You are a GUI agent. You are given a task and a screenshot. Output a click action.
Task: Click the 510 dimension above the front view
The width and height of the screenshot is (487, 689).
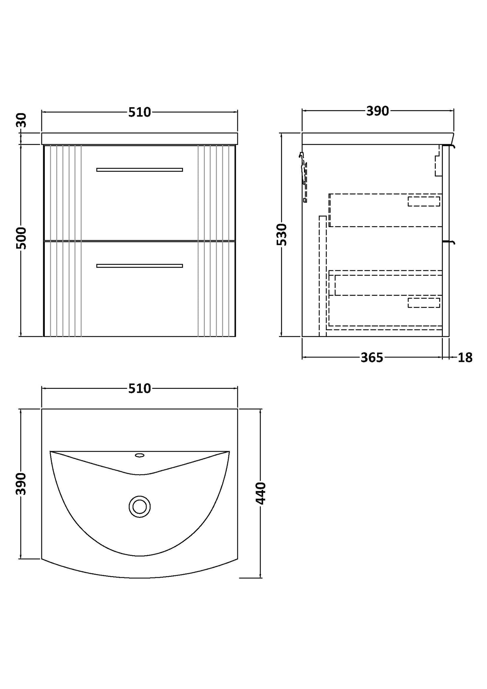(x=140, y=112)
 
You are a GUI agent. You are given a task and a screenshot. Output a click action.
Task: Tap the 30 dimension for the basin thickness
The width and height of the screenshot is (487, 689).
(x=21, y=120)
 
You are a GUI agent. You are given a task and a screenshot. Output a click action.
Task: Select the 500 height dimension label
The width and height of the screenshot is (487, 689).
(x=21, y=238)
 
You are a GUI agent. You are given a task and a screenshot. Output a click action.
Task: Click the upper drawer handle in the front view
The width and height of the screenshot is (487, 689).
(x=140, y=169)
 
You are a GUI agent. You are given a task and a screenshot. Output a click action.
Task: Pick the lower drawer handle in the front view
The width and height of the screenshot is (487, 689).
(x=140, y=266)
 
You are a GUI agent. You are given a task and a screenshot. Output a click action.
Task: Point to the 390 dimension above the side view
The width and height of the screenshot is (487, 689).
(x=377, y=111)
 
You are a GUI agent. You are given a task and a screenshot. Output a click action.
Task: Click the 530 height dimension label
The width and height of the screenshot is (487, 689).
(x=281, y=234)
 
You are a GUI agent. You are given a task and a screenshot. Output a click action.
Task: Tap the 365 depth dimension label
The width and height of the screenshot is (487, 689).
(x=372, y=357)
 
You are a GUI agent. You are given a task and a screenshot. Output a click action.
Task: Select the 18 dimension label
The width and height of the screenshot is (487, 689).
(x=465, y=357)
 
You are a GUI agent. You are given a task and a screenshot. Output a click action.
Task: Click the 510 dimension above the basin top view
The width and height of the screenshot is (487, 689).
(x=140, y=388)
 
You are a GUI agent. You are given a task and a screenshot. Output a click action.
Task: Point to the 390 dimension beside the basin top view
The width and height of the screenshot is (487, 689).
(x=21, y=483)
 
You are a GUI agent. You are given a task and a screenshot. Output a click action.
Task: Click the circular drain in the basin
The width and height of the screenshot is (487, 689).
(x=140, y=506)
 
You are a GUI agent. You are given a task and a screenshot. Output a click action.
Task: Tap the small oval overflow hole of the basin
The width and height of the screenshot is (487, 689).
(x=140, y=456)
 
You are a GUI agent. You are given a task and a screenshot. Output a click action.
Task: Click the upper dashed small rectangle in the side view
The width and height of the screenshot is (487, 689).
(x=424, y=201)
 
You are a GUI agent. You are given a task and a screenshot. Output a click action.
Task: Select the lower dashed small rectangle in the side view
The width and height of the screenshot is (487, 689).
(x=424, y=303)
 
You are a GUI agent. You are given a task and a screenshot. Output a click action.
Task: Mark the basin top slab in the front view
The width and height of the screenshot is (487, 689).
(x=140, y=138)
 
